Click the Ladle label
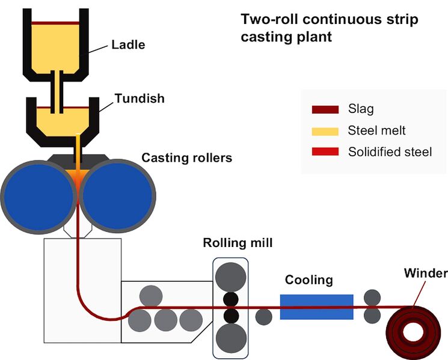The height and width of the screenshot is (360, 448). pyautogui.click(x=128, y=44)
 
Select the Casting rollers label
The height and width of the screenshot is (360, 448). pyautogui.click(x=186, y=158)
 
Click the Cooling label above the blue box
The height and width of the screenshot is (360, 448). pyautogui.click(x=308, y=280)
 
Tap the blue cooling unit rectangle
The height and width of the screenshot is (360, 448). pyautogui.click(x=316, y=307)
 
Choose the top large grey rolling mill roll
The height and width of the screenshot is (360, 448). pyautogui.click(x=231, y=276)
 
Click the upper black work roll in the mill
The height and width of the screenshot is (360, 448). pyautogui.click(x=231, y=298)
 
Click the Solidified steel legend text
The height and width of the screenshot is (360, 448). pyautogui.click(x=390, y=152)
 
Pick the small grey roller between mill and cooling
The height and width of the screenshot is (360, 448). pyautogui.click(x=263, y=316)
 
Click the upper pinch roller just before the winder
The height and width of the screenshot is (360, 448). pyautogui.click(x=372, y=297)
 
